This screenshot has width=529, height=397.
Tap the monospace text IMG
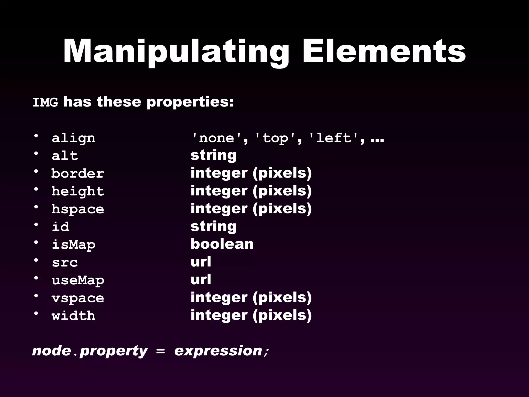click(45, 103)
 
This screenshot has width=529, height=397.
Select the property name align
click(73, 138)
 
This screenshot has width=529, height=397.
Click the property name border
click(77, 173)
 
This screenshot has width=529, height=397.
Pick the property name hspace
click(77, 209)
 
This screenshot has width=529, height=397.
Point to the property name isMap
click(73, 245)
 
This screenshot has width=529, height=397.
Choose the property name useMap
click(78, 280)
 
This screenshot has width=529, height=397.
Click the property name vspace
click(78, 298)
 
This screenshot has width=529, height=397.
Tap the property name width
click(73, 316)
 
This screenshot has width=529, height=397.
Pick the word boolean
click(222, 244)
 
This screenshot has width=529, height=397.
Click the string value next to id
click(213, 226)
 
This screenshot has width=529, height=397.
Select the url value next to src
click(201, 262)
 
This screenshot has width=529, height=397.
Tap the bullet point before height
click(36, 190)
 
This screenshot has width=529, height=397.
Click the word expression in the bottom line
click(218, 351)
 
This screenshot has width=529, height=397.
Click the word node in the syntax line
click(51, 351)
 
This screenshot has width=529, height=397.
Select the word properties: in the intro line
click(190, 102)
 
